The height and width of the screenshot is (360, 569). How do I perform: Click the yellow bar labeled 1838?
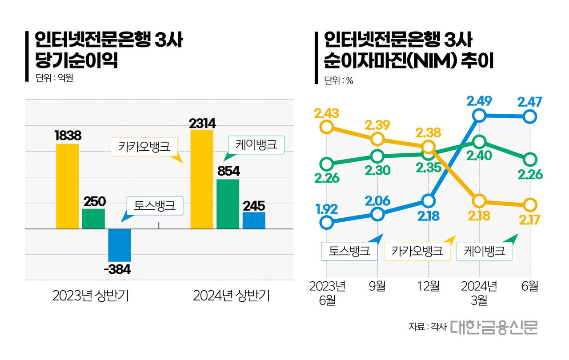tap(68, 186)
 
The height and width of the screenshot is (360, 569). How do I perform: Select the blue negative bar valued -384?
tap(120, 245)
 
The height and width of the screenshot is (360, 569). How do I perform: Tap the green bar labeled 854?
tap(228, 204)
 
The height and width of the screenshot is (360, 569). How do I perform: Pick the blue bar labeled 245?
tap(254, 220)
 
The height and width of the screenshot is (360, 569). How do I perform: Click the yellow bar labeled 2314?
tap(202, 179)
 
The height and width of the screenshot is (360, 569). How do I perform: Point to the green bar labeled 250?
tap(94, 219)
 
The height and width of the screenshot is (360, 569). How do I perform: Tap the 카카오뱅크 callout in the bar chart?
tap(144, 147)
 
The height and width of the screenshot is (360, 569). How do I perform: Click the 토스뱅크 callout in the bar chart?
tap(154, 206)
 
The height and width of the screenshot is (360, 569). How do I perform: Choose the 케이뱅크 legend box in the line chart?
tap(485, 251)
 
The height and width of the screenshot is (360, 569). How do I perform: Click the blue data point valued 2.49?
tap(479, 116)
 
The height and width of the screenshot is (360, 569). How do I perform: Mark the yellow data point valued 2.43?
tap(327, 127)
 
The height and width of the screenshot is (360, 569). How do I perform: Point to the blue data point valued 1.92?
tap(327, 222)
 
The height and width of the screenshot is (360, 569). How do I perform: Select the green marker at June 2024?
tap(530, 159)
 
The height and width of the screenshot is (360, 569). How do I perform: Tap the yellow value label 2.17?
tap(529, 220)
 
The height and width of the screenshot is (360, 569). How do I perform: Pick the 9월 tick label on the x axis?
tap(377, 286)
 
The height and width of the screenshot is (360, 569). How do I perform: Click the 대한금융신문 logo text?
tap(493, 327)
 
